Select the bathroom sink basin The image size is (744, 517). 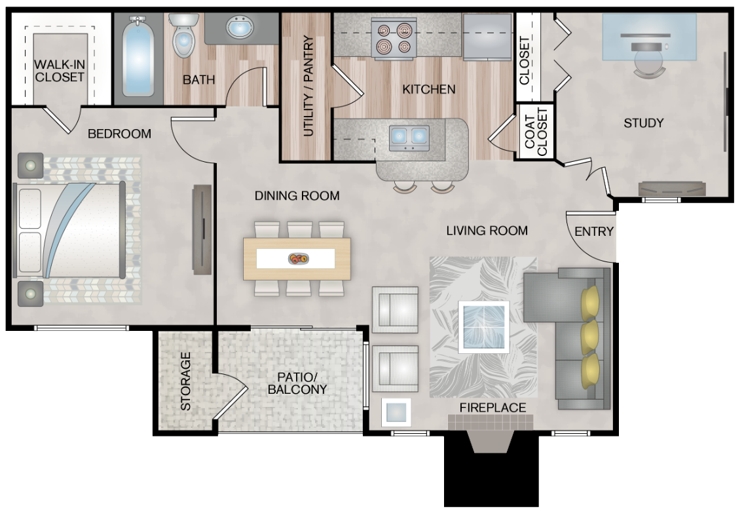tap(241, 29)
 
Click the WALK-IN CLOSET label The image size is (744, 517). tap(60, 71)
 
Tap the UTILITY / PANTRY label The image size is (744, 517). tap(308, 85)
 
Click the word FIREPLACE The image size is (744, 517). tap(493, 408)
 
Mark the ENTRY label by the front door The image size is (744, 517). tap(594, 231)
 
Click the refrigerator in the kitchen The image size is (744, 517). tap(487, 37)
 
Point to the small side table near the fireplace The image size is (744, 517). tap(396, 412)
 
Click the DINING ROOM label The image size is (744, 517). tap(297, 195)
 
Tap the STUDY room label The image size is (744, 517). tap(643, 123)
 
